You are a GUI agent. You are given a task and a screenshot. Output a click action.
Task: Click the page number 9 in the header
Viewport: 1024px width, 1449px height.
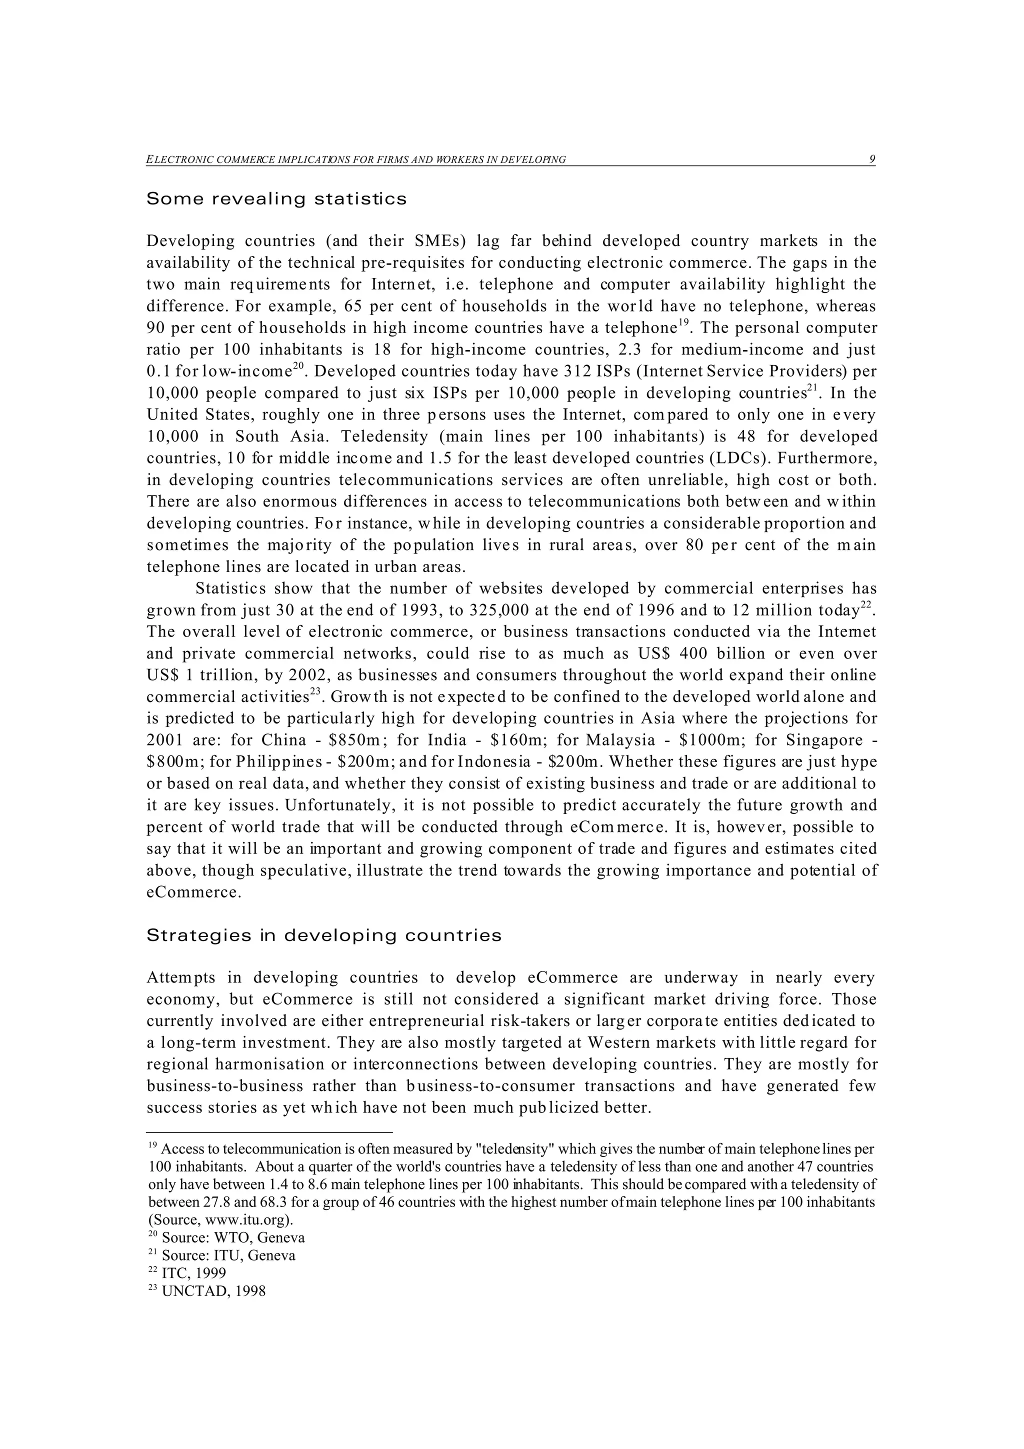click(872, 159)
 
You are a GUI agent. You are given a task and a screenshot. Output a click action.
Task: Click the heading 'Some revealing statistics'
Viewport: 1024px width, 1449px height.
click(276, 199)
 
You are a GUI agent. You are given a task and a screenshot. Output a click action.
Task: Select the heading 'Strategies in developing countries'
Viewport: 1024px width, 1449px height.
click(323, 935)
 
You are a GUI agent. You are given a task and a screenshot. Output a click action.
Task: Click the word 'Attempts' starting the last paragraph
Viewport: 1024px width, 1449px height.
click(181, 978)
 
